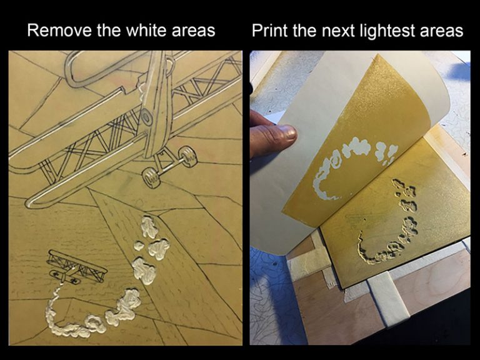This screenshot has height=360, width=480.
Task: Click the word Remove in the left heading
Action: pyautogui.click(x=59, y=30)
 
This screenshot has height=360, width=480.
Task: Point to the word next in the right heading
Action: pyautogui.click(x=339, y=31)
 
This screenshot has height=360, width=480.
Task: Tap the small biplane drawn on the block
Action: pyautogui.click(x=77, y=267)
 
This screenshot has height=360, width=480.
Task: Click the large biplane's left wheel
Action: pyautogui.click(x=151, y=178)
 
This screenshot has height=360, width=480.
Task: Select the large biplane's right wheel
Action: pyautogui.click(x=187, y=157)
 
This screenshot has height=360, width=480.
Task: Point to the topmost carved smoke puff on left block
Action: pyautogui.click(x=149, y=227)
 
